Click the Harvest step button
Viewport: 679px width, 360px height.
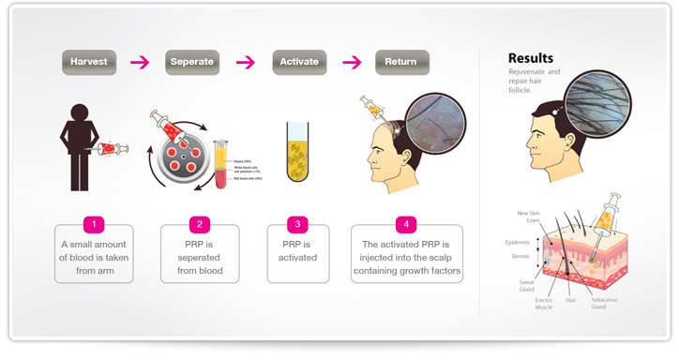[x=88, y=62]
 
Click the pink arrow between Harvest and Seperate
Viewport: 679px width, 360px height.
[x=140, y=63]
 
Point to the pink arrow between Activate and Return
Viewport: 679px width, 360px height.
[x=353, y=63]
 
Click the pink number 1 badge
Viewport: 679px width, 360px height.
[x=92, y=225]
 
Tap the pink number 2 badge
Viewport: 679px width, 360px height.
[x=199, y=225]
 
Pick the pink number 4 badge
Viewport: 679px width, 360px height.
[x=406, y=225]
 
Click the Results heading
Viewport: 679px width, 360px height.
[x=531, y=57]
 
